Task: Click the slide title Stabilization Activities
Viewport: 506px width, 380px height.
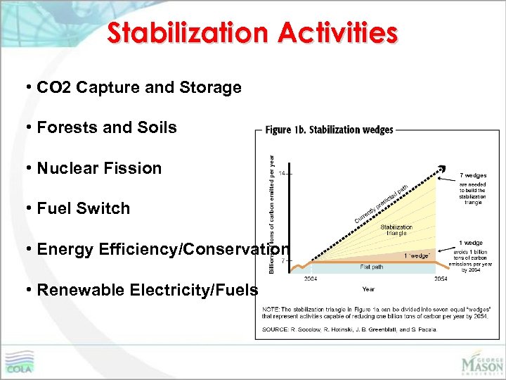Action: (252, 32)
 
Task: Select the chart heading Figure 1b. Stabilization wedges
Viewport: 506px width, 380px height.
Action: (329, 130)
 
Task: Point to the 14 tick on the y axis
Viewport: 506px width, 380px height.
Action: (285, 172)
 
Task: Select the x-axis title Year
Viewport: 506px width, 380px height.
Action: (368, 289)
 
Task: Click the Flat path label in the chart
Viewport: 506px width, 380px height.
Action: (371, 267)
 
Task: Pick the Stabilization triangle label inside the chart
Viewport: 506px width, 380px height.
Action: (396, 231)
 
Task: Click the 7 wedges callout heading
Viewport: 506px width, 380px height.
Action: (472, 175)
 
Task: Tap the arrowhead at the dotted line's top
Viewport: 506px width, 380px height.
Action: (442, 168)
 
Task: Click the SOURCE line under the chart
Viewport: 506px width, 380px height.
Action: (349, 329)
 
